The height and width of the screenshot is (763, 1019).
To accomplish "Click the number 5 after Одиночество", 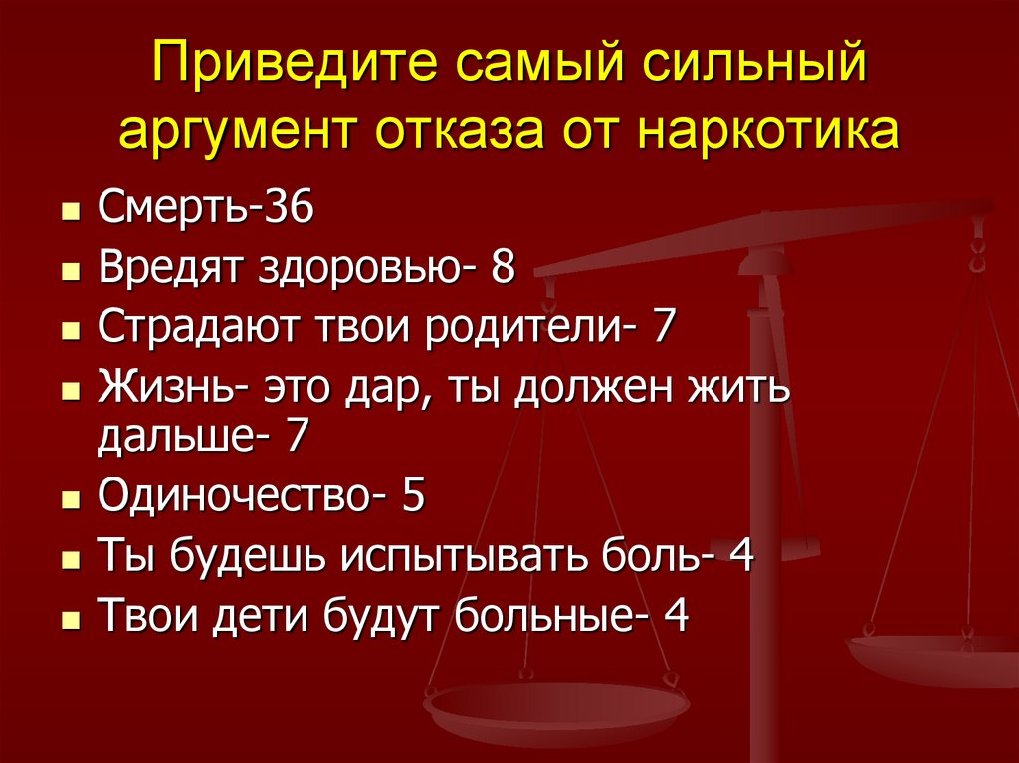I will [413, 495].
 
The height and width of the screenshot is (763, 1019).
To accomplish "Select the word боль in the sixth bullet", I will [649, 555].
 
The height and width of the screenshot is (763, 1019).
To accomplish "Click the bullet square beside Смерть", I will [69, 213].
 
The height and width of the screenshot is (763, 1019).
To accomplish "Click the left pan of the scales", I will [555, 709].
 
